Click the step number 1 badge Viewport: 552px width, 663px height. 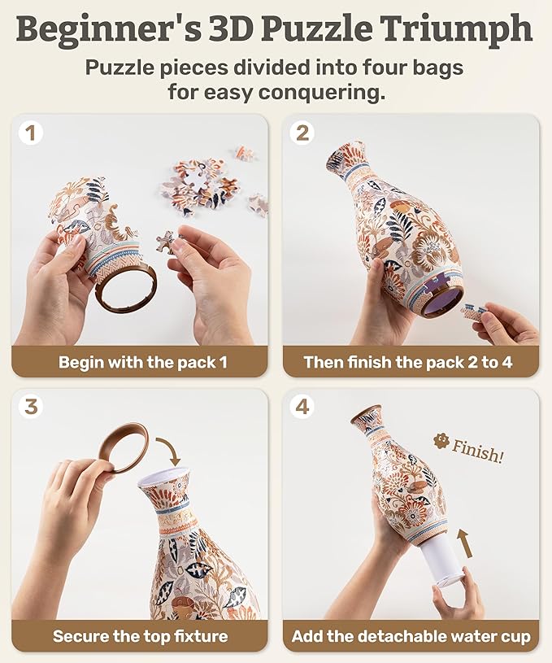coord(32,133)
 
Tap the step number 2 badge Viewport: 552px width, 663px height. coord(302,133)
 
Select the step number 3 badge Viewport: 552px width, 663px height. coord(32,407)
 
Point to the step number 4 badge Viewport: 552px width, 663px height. coord(302,407)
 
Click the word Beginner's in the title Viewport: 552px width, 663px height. coord(109,30)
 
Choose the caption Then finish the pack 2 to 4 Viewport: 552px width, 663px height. coord(408,362)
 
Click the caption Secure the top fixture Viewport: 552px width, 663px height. coord(140,636)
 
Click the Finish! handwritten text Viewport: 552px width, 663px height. coord(477,451)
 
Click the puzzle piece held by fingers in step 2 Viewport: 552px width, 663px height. coord(474,310)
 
